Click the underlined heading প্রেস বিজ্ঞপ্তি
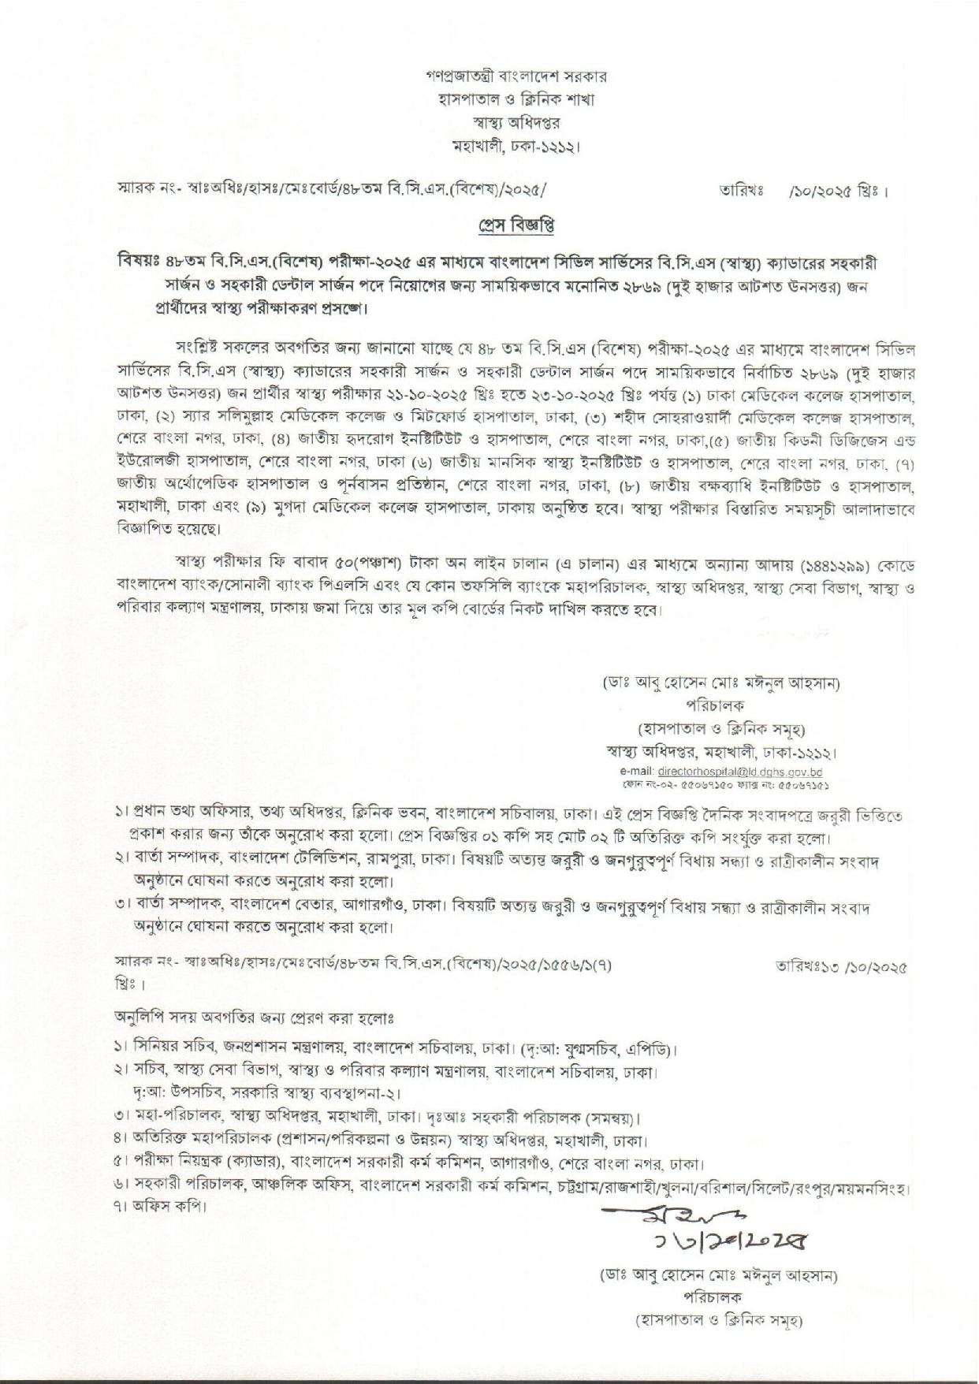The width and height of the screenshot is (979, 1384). [516, 225]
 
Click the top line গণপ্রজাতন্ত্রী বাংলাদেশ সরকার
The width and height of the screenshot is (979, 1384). [516, 77]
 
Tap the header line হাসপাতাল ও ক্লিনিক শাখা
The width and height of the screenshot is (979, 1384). [516, 100]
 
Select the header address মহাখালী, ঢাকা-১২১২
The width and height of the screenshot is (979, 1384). [516, 146]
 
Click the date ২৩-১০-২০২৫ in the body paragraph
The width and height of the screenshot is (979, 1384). [612, 393]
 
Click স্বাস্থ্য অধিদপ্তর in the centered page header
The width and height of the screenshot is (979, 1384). [516, 123]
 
